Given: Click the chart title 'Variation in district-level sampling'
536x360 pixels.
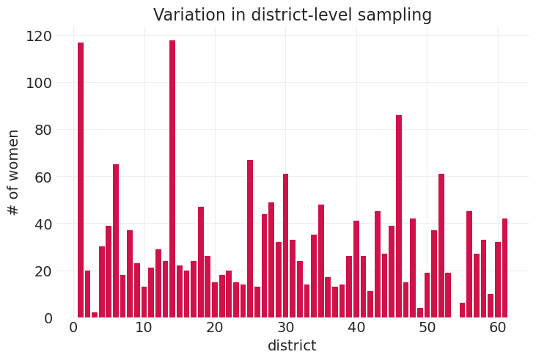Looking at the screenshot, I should click(x=292, y=15).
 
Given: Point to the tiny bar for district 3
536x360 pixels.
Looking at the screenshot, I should click(x=95, y=315).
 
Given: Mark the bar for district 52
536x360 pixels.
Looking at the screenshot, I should click(x=441, y=246).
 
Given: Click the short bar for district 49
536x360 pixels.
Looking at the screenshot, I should click(x=420, y=313).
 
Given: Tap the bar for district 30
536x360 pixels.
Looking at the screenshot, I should click(x=285, y=246).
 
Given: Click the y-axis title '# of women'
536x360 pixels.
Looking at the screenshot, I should click(x=13, y=172).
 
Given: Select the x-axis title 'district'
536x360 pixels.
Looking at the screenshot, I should click(x=292, y=346).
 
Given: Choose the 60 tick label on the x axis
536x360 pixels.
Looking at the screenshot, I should click(x=498, y=328).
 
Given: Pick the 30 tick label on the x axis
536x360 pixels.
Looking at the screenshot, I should click(x=286, y=328).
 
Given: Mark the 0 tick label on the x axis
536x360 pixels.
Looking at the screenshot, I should click(x=73, y=328).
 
